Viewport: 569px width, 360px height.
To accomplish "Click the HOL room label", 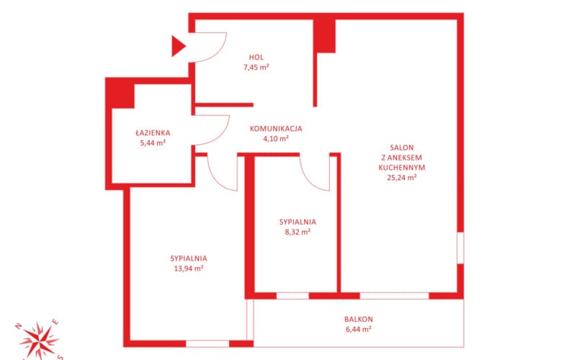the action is point(256,58).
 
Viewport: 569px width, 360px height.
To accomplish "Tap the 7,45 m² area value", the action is point(256,67).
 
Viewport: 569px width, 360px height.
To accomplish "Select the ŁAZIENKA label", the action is point(153,132).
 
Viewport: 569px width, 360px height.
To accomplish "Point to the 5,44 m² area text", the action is point(153,143).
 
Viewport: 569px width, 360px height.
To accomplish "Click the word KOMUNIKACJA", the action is point(276,128).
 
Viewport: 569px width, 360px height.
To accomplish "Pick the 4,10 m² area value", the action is point(276,138).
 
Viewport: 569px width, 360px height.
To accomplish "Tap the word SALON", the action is point(402,148).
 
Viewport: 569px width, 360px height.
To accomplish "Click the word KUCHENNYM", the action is point(402,168).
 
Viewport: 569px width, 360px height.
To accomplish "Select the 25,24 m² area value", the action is point(402,177).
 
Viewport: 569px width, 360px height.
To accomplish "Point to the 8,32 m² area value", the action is point(297,232).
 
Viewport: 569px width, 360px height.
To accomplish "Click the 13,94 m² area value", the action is point(188,269).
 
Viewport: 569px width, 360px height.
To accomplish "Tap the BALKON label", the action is point(359,320).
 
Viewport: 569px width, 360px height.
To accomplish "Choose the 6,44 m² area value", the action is point(359,330).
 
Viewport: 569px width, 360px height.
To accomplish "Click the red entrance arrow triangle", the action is point(177,46).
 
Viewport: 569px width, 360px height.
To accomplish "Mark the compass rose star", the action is point(39,341).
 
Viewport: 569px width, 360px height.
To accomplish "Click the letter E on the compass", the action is point(55,322).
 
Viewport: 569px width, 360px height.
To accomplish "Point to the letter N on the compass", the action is point(19,326).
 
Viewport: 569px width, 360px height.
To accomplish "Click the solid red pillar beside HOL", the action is point(324,35).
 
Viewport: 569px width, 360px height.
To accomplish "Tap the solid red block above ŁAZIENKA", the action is point(120,94).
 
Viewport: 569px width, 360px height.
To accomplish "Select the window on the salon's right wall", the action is point(460,248).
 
